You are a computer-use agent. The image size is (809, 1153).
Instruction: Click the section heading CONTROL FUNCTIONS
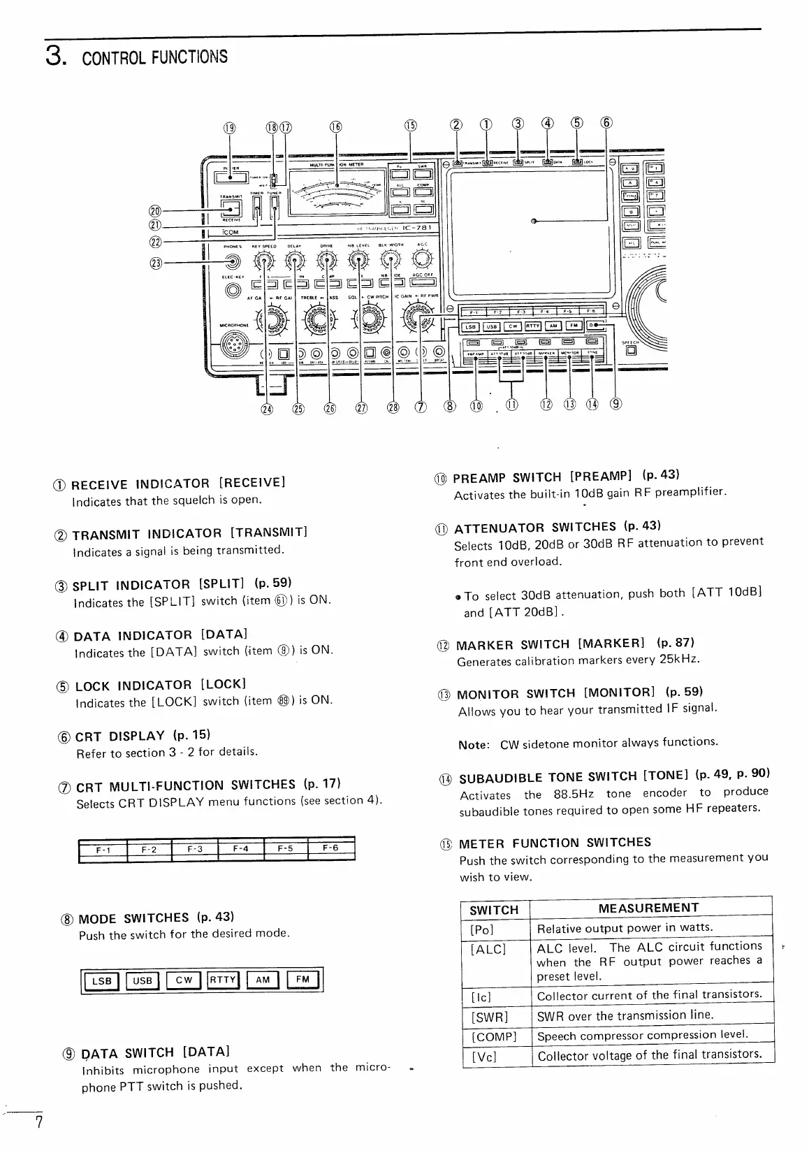pyautogui.click(x=154, y=56)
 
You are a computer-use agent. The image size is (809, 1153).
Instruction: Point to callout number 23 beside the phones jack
pyautogui.click(x=155, y=263)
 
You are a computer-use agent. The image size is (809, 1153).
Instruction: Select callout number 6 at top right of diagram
pyautogui.click(x=606, y=124)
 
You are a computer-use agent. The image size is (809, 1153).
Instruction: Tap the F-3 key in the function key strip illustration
pyautogui.click(x=194, y=849)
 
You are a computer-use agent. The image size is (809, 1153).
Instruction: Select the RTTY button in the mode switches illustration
pyautogui.click(x=224, y=980)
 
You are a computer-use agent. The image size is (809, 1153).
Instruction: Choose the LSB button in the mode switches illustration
pyautogui.click(x=102, y=980)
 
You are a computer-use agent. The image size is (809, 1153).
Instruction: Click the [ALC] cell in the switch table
pyautogui.click(x=488, y=949)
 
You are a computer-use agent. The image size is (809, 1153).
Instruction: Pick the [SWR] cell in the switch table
pyautogui.click(x=490, y=1015)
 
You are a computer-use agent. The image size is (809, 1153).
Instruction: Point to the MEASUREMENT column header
pyautogui.click(x=648, y=908)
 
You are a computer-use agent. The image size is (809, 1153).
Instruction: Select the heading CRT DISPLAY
pyautogui.click(x=119, y=737)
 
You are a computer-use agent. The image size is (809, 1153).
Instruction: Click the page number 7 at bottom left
pyautogui.click(x=39, y=1123)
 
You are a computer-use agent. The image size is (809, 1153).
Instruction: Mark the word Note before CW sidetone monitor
pyautogui.click(x=473, y=745)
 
